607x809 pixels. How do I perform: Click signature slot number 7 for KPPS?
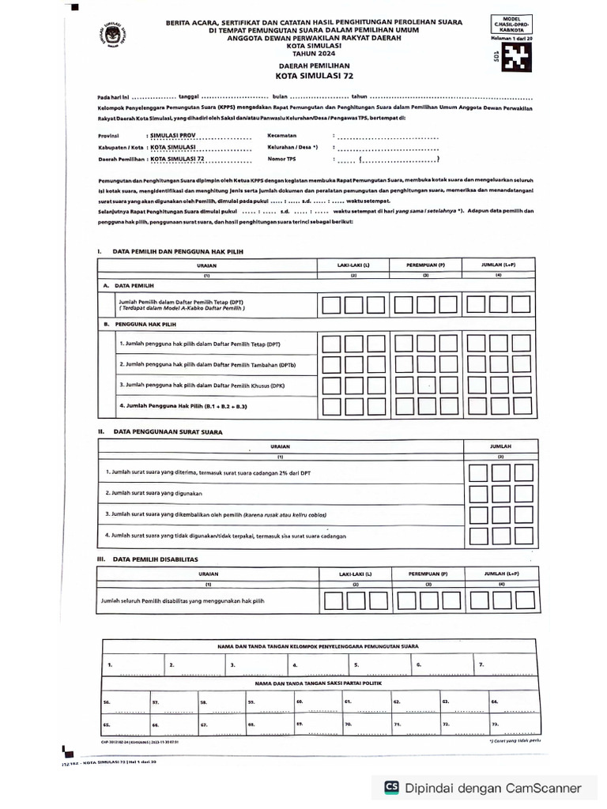coord(481,665)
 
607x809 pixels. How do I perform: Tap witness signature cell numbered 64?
coord(494,701)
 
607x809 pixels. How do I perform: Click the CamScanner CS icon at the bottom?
coord(390,787)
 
